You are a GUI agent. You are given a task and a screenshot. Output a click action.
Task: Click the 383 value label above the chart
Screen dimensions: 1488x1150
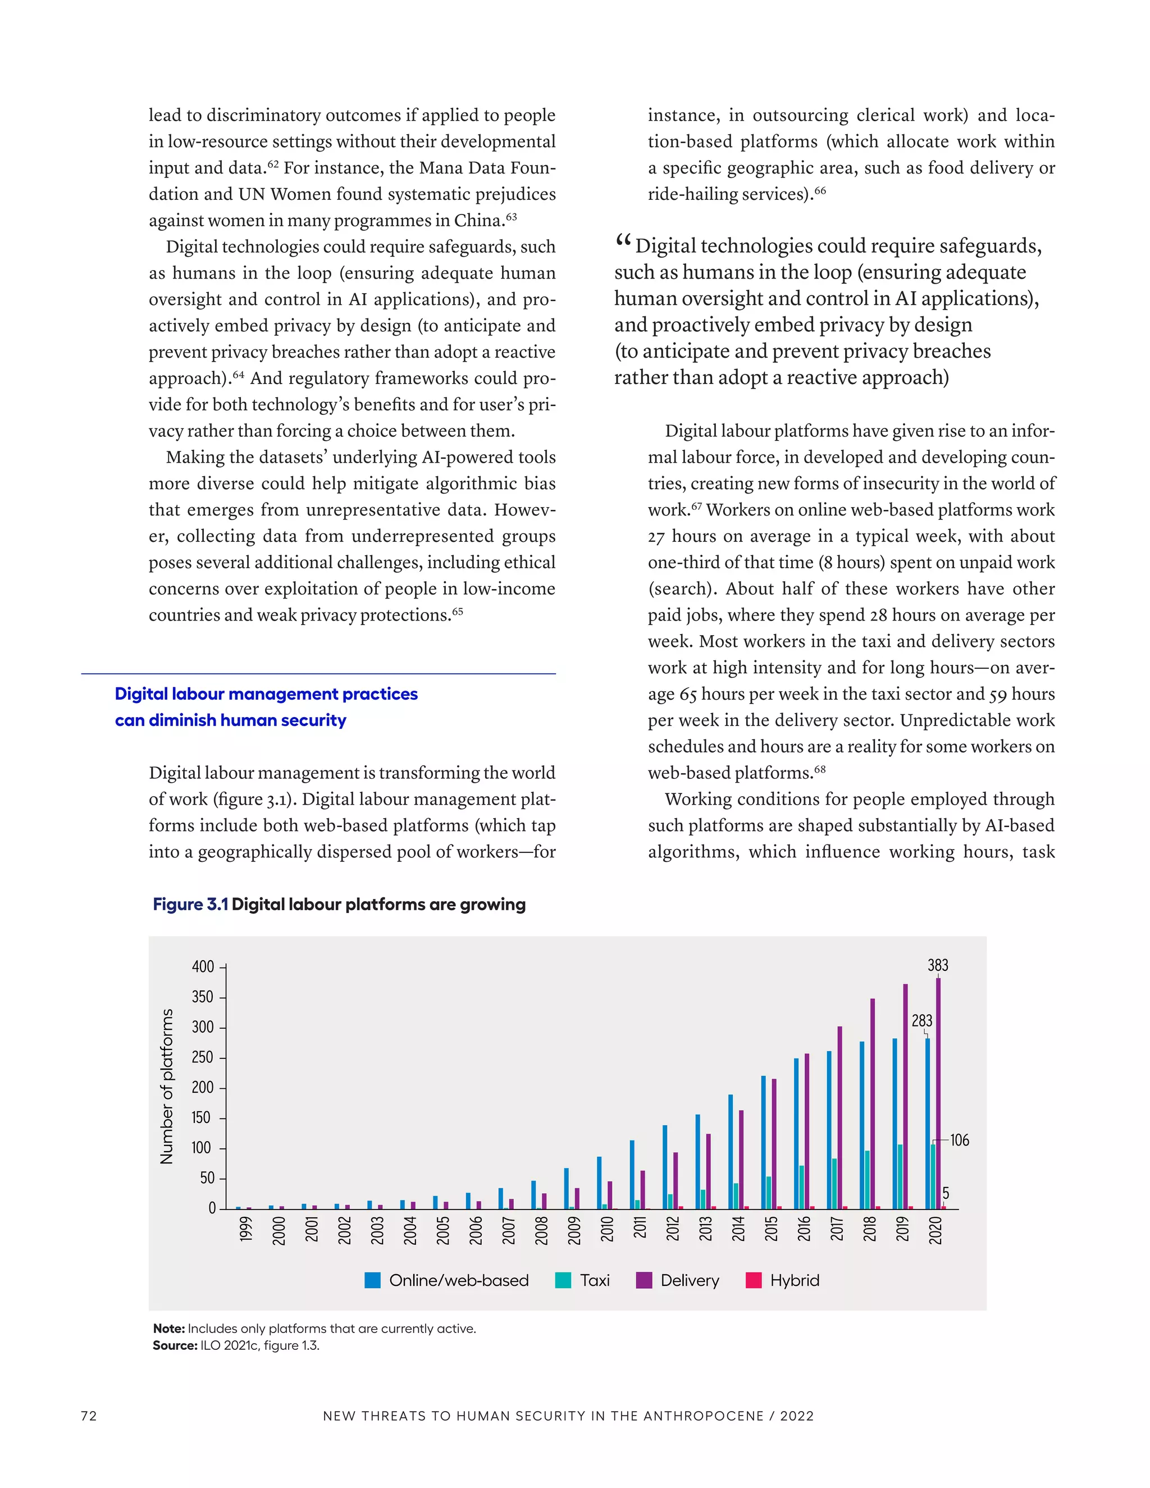point(937,965)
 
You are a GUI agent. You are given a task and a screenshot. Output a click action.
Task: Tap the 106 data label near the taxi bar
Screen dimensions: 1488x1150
point(959,1140)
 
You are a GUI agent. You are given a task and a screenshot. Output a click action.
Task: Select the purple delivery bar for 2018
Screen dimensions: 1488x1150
point(872,1104)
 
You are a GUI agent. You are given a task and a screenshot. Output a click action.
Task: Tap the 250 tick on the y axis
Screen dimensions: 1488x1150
point(202,1057)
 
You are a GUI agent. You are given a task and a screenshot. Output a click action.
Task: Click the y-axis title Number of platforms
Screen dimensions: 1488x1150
point(166,1086)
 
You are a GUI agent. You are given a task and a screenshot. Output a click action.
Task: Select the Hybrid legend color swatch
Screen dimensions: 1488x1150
point(754,1280)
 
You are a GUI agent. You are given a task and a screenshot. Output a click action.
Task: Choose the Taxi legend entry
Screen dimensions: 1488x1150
point(594,1280)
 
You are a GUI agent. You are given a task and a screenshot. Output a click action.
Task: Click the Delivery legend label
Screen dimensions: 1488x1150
point(690,1280)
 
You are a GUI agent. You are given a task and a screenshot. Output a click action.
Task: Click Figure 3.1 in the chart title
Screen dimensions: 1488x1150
point(190,905)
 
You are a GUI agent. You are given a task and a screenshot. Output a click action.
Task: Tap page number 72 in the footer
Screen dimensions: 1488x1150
point(89,1416)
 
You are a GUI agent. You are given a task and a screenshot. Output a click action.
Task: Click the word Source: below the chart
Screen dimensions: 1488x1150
point(175,1345)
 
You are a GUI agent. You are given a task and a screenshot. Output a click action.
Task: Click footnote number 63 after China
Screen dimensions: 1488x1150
point(512,217)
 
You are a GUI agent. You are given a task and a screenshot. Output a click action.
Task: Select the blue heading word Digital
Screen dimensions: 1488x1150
point(141,693)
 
